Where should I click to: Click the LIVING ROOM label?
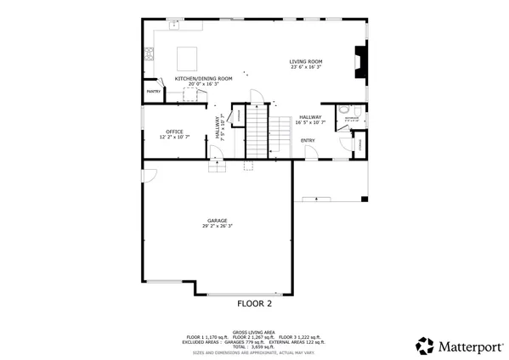point(306,61)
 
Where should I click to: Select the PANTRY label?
point(154,92)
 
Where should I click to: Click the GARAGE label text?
point(218,221)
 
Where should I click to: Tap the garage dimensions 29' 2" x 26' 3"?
point(218,227)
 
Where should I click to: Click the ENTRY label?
point(308,141)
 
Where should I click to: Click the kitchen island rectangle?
point(188,58)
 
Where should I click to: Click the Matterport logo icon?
point(424,346)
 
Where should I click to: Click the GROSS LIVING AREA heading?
point(253,332)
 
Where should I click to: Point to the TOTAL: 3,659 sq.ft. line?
point(253,346)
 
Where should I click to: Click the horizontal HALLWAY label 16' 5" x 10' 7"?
point(309,120)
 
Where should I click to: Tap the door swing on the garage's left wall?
point(149,177)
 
